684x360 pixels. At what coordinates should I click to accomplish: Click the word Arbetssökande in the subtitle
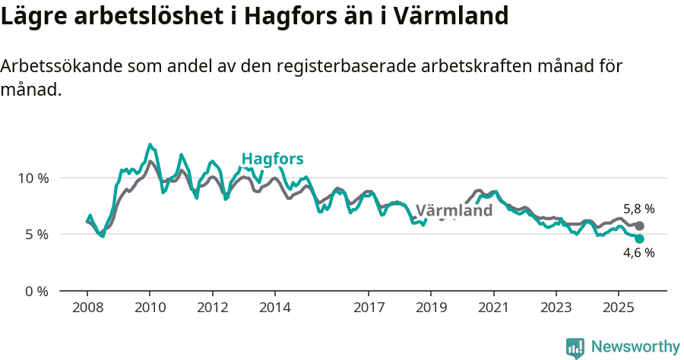(57, 67)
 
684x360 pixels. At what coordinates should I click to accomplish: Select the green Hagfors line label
(272, 159)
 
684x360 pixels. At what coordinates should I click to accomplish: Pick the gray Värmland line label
(454, 210)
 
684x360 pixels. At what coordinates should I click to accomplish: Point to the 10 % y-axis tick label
(33, 178)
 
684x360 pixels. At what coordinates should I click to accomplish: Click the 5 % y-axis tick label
(36, 235)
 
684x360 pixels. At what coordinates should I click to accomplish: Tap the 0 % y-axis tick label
(36, 291)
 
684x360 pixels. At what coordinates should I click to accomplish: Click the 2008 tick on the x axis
(87, 308)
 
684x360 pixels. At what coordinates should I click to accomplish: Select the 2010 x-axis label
(150, 308)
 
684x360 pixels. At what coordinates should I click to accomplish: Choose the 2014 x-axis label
(275, 308)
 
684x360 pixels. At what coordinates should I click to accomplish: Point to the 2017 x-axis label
(369, 308)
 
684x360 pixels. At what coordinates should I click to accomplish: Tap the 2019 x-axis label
(431, 308)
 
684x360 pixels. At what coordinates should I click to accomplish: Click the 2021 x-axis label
(494, 308)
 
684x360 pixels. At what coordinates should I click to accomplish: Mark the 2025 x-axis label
(619, 308)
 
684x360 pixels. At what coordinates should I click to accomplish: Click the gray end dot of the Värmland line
(639, 226)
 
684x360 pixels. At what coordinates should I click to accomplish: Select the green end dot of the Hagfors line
(639, 239)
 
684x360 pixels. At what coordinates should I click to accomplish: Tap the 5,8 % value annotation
(638, 209)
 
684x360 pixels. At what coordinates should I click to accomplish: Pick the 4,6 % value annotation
(638, 254)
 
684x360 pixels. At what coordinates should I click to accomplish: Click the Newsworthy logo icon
(575, 348)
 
